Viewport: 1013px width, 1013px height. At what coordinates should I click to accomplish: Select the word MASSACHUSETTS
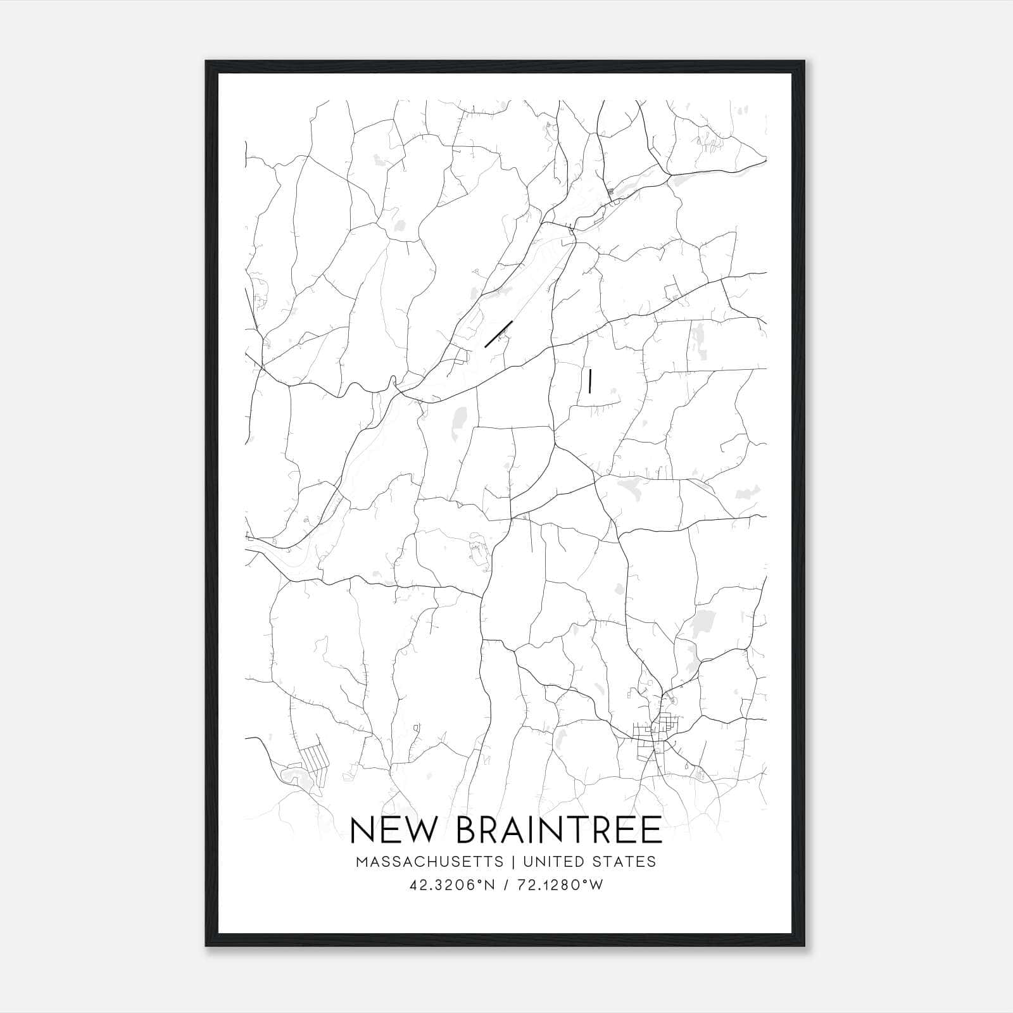pos(430,862)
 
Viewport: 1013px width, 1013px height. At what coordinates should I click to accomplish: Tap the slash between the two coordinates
pos(506,885)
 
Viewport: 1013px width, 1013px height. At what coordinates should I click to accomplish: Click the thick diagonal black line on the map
pos(498,334)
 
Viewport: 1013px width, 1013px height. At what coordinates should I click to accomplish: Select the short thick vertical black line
pos(589,381)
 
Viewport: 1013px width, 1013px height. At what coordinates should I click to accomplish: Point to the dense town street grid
pos(655,734)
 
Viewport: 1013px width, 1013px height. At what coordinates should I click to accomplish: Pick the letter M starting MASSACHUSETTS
pos(362,862)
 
